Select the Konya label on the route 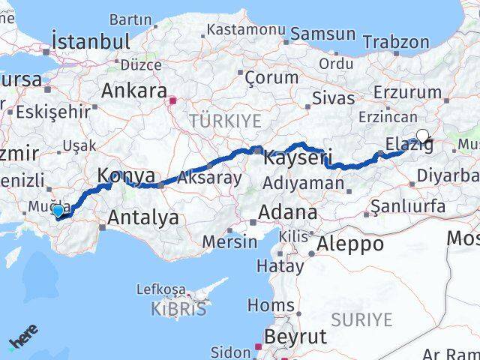coord(124,175)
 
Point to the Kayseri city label coord(295,157)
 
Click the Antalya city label coord(143,217)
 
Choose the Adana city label coord(287,212)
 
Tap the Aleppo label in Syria coord(350,244)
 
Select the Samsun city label coord(322,34)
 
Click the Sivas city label coord(333,97)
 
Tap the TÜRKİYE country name coord(225,120)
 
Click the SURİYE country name coord(361,319)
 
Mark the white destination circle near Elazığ coord(422,136)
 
